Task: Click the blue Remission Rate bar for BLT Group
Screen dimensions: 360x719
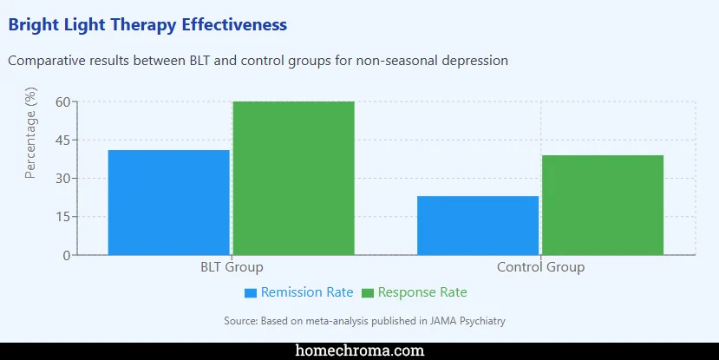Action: click(x=168, y=202)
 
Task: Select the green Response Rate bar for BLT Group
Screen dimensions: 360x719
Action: click(x=293, y=178)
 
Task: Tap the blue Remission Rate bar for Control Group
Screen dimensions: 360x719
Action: click(x=478, y=226)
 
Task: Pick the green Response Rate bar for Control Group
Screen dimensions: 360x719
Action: click(x=603, y=205)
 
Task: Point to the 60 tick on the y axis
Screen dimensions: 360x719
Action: click(x=62, y=102)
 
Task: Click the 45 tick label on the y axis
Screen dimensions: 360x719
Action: click(x=62, y=141)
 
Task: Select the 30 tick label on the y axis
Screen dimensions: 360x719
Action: click(x=62, y=179)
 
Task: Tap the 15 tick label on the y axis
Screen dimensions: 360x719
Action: click(x=62, y=217)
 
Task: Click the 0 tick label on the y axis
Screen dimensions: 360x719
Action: click(x=66, y=255)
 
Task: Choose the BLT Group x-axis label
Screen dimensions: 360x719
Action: click(x=232, y=267)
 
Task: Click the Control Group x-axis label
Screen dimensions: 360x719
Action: click(x=540, y=267)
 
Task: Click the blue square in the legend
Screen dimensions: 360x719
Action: click(x=251, y=293)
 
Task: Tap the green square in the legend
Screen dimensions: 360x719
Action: click(x=368, y=293)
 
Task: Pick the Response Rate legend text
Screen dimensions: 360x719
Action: click(x=422, y=292)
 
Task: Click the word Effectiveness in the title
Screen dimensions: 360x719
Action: click(x=234, y=25)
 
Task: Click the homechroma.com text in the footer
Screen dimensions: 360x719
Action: click(x=359, y=350)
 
